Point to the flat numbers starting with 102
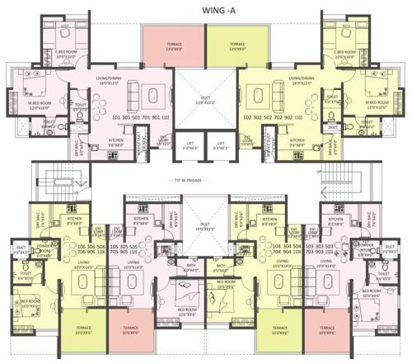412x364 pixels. point(267,117)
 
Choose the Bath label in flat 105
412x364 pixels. point(191,267)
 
